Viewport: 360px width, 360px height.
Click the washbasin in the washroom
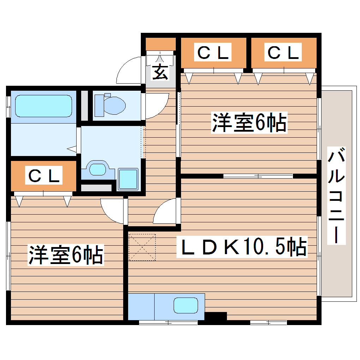pos(97,169)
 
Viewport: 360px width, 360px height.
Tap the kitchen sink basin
pos(186,305)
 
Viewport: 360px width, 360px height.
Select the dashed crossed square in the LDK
pos(142,247)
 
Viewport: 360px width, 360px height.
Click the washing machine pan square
pos(127,179)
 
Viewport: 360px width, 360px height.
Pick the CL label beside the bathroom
pos(44,176)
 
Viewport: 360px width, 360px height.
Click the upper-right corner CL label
pos(283,53)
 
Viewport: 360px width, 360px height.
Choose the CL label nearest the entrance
pos(213,53)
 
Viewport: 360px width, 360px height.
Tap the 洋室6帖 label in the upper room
pos(249,122)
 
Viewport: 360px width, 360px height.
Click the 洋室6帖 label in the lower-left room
pos(66,255)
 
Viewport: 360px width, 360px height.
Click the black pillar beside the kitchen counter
pos(215,316)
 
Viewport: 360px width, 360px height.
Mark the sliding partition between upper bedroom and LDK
pos(258,176)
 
